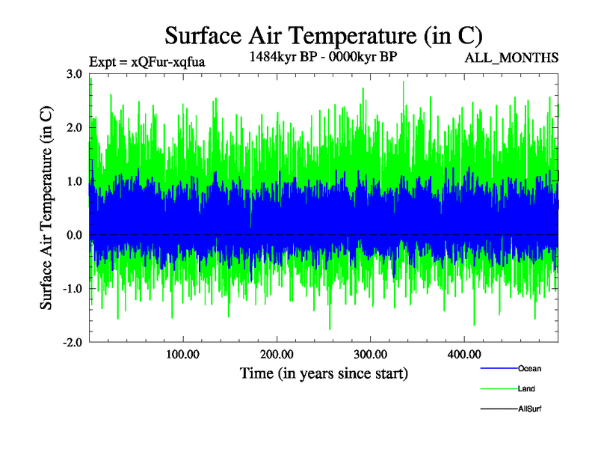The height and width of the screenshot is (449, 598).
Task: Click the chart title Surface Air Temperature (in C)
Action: [324, 35]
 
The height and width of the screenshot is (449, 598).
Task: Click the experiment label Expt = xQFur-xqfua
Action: [147, 62]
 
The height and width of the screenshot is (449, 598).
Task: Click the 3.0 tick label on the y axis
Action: [74, 74]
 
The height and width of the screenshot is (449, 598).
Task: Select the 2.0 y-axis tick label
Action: [74, 128]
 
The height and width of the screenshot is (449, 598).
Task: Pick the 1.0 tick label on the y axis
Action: [74, 182]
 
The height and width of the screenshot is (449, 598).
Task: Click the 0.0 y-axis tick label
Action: [74, 236]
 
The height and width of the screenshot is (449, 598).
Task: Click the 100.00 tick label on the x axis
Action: [182, 354]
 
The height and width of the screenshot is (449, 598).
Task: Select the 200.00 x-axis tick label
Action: [277, 354]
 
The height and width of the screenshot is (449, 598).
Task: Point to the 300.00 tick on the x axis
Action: [370, 354]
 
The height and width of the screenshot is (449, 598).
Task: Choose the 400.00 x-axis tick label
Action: [463, 354]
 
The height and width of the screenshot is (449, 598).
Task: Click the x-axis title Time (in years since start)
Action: [324, 373]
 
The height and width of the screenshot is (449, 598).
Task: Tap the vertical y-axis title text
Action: [46, 208]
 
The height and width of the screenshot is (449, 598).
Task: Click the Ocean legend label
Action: [529, 369]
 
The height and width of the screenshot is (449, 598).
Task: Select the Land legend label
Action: [526, 389]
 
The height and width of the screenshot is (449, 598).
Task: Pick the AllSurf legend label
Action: [530, 409]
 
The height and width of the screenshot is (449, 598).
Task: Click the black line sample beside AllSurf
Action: [497, 409]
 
